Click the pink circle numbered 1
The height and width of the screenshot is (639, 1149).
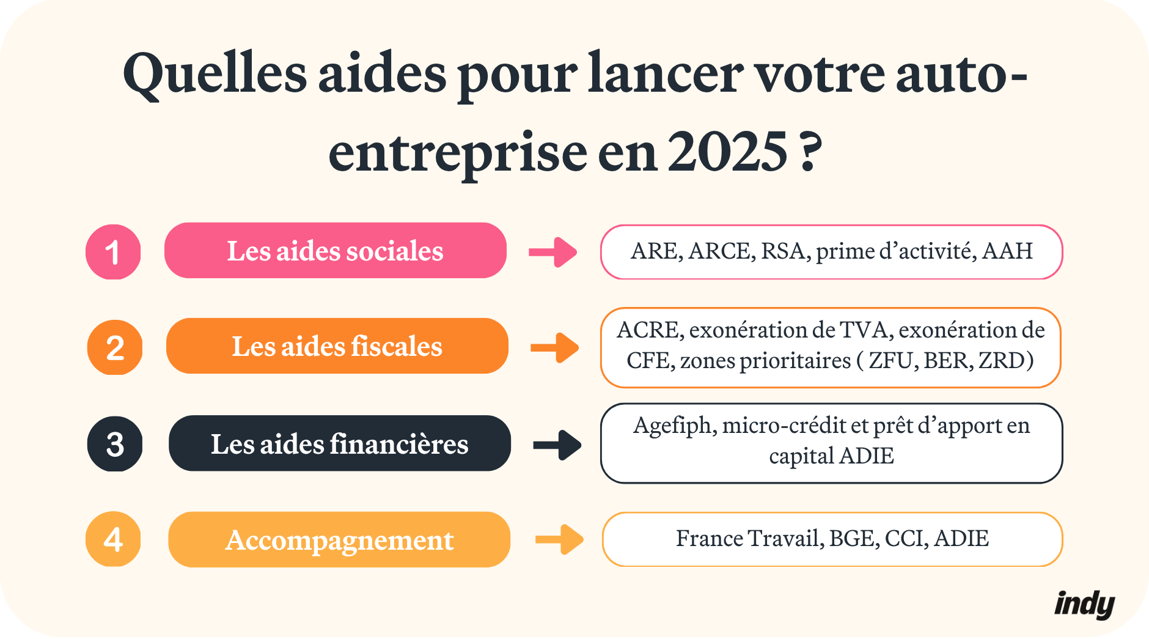113,252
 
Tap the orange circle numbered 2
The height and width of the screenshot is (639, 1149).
115,347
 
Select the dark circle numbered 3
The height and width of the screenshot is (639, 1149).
115,444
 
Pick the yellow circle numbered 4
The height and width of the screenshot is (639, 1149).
113,539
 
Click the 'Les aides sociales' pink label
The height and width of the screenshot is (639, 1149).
335,251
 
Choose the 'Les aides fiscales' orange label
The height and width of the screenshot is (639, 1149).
337,346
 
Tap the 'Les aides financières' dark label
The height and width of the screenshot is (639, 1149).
339,444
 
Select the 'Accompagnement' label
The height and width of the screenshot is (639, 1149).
339,540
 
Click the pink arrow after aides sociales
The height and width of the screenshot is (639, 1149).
553,252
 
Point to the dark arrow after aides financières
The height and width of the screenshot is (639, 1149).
557,445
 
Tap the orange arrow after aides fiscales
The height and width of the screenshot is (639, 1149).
555,348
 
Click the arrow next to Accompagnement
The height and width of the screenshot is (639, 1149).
559,540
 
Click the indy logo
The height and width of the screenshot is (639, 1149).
1084,605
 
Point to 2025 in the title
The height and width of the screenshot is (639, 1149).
727,152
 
